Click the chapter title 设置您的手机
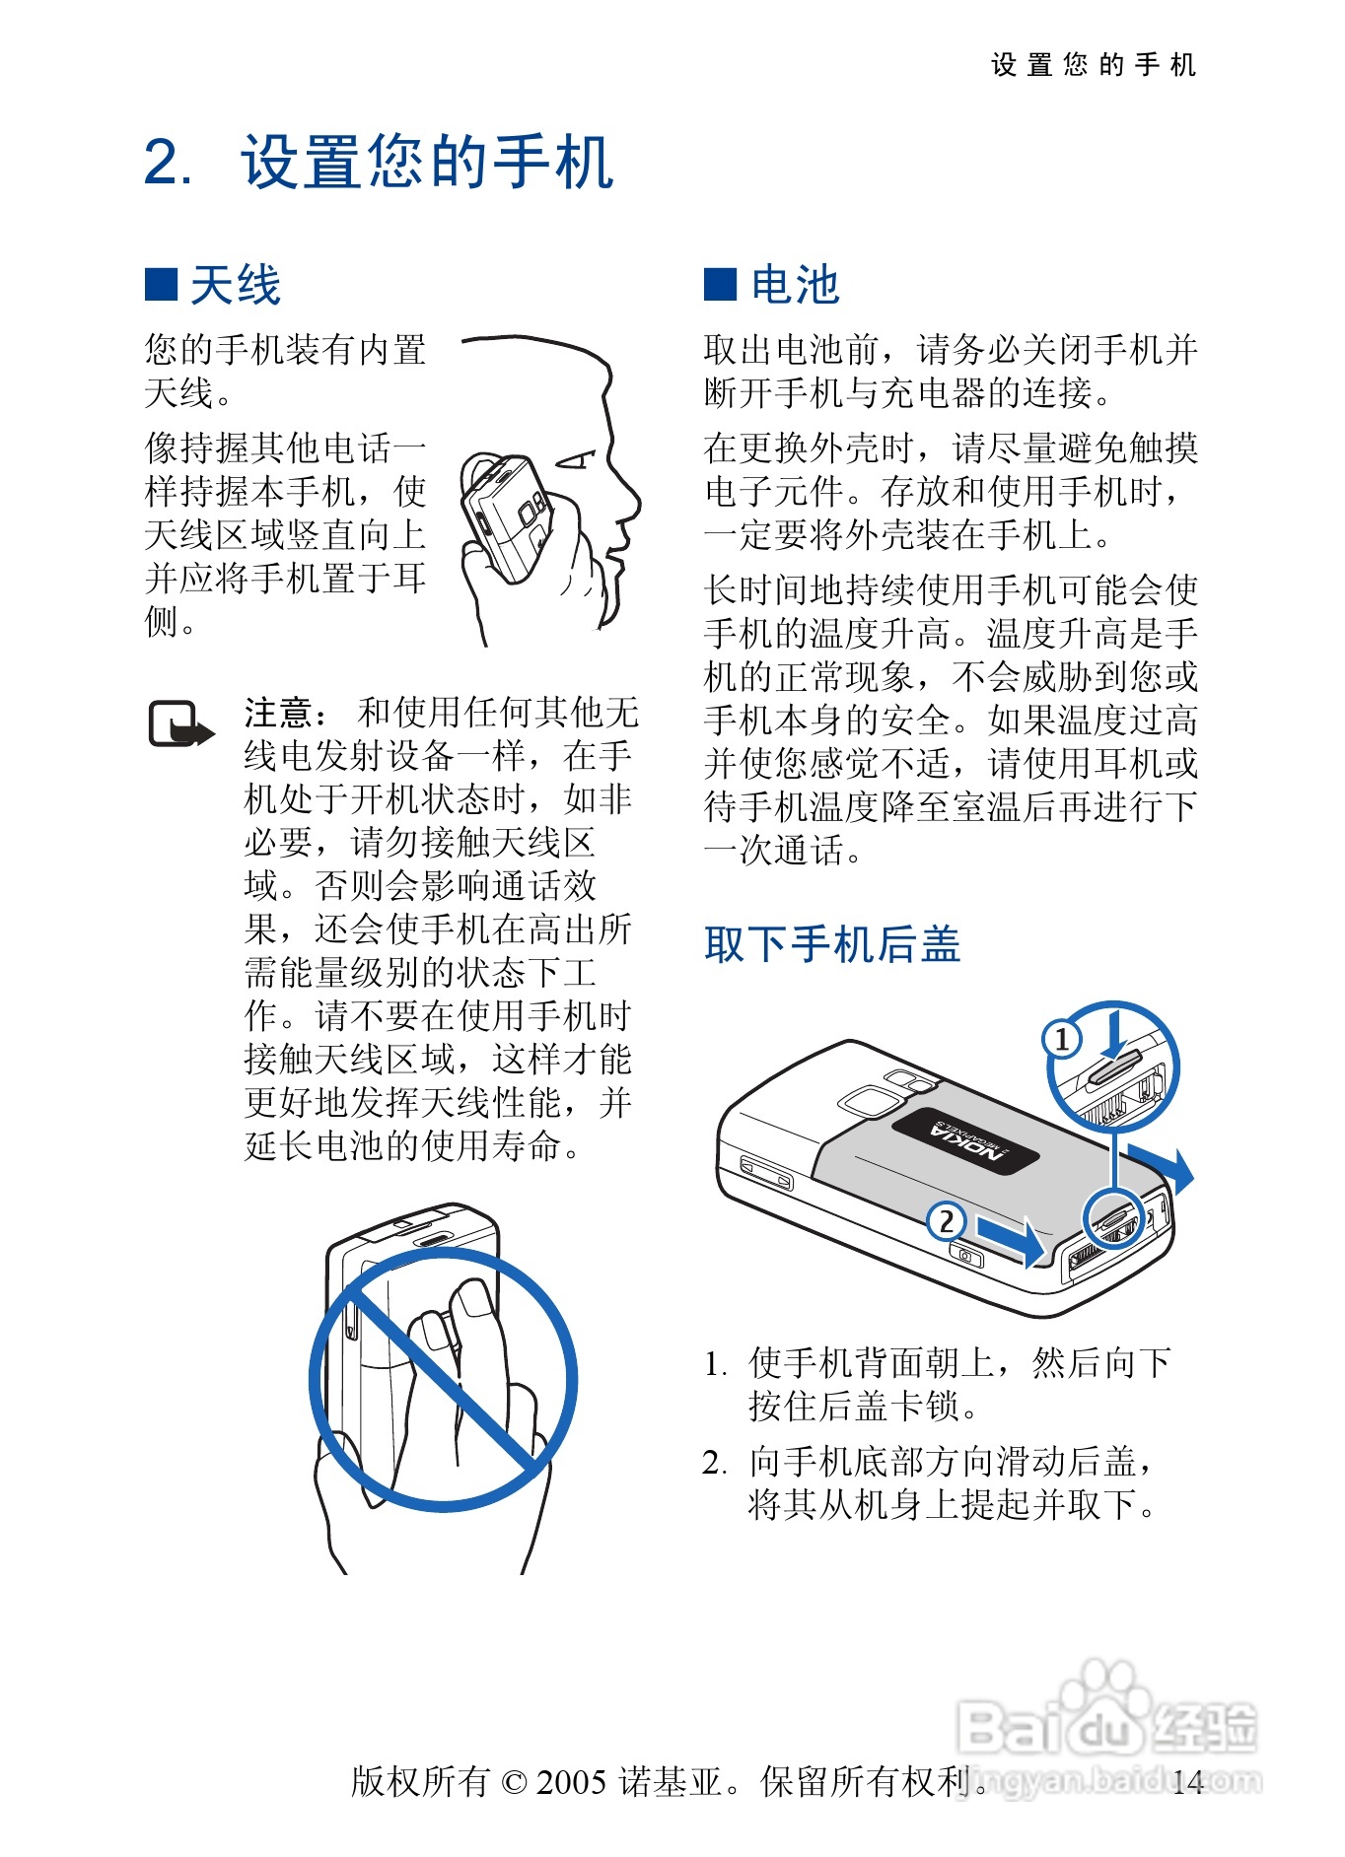click(x=427, y=162)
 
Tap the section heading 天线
click(x=236, y=285)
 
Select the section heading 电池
click(x=795, y=285)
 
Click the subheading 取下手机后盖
click(x=832, y=943)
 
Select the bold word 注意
click(x=279, y=712)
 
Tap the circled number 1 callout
click(x=1062, y=1039)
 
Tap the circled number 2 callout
click(x=946, y=1221)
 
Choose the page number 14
click(x=1188, y=1781)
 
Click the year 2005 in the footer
click(x=571, y=1781)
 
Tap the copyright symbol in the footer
click(x=514, y=1782)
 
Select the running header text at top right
click(x=1094, y=65)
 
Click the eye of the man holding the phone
click(x=576, y=459)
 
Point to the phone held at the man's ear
click(x=505, y=518)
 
